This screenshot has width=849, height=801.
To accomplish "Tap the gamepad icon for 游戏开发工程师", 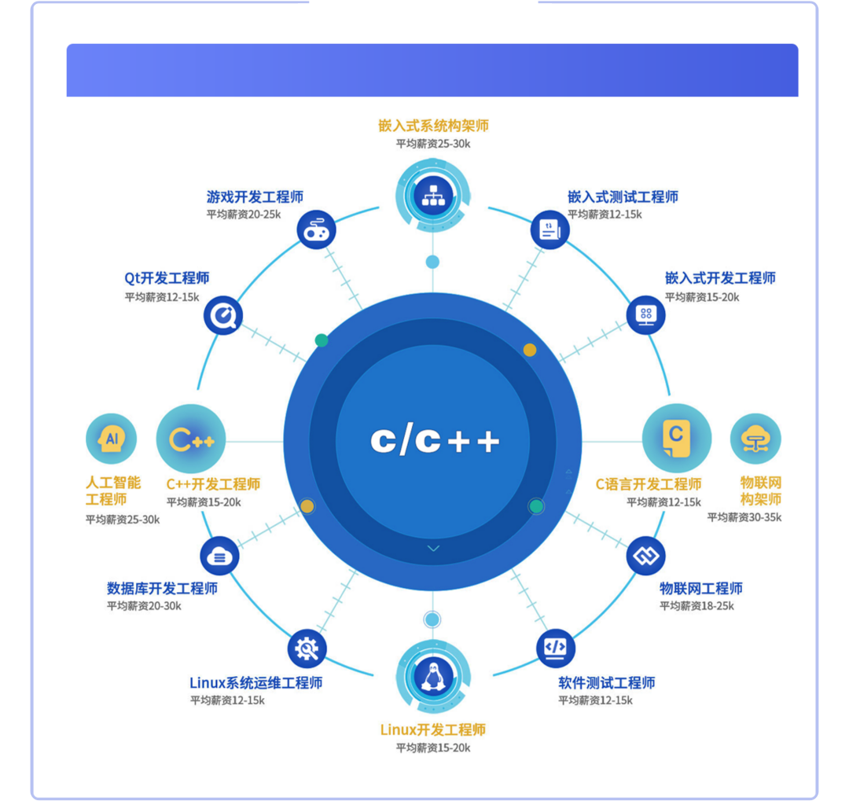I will pyautogui.click(x=316, y=230).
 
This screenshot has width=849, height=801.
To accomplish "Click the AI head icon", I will pyautogui.click(x=111, y=439).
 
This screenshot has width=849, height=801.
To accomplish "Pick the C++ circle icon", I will pyautogui.click(x=191, y=439).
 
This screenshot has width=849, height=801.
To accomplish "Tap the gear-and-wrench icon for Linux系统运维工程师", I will pyautogui.click(x=307, y=649).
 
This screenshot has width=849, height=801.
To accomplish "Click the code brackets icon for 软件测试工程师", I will pyautogui.click(x=556, y=648).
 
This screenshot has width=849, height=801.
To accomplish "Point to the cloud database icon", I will pyautogui.click(x=219, y=557).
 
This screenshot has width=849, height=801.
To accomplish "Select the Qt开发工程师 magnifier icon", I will pyautogui.click(x=222, y=317).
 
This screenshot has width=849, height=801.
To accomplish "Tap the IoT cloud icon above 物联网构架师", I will pyautogui.click(x=755, y=439).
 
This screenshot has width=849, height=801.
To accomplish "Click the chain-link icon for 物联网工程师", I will pyautogui.click(x=646, y=557).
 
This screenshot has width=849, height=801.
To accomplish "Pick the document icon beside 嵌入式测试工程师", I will pyautogui.click(x=550, y=230).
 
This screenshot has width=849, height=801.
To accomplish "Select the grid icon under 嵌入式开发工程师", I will pyautogui.click(x=646, y=315).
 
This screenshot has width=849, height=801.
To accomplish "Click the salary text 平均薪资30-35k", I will pyautogui.click(x=744, y=517).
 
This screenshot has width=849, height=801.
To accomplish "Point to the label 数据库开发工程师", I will pyautogui.click(x=162, y=588).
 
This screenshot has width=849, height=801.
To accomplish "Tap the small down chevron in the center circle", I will pyautogui.click(x=433, y=548).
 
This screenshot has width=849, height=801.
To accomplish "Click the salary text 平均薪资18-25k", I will pyautogui.click(x=696, y=606).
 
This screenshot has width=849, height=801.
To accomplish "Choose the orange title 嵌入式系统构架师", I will pyautogui.click(x=433, y=126).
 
